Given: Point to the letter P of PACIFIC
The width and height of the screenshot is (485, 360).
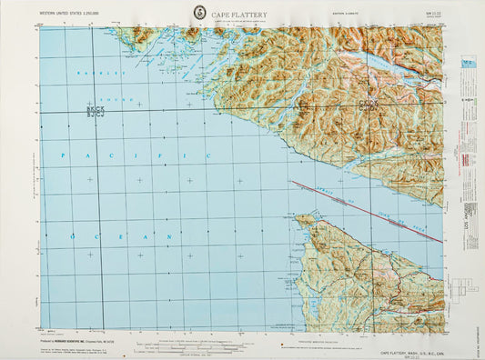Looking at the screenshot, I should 64,156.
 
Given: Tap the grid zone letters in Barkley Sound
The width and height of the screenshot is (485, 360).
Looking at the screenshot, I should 95,110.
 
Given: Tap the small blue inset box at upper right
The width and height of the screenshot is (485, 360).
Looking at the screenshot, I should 468,63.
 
